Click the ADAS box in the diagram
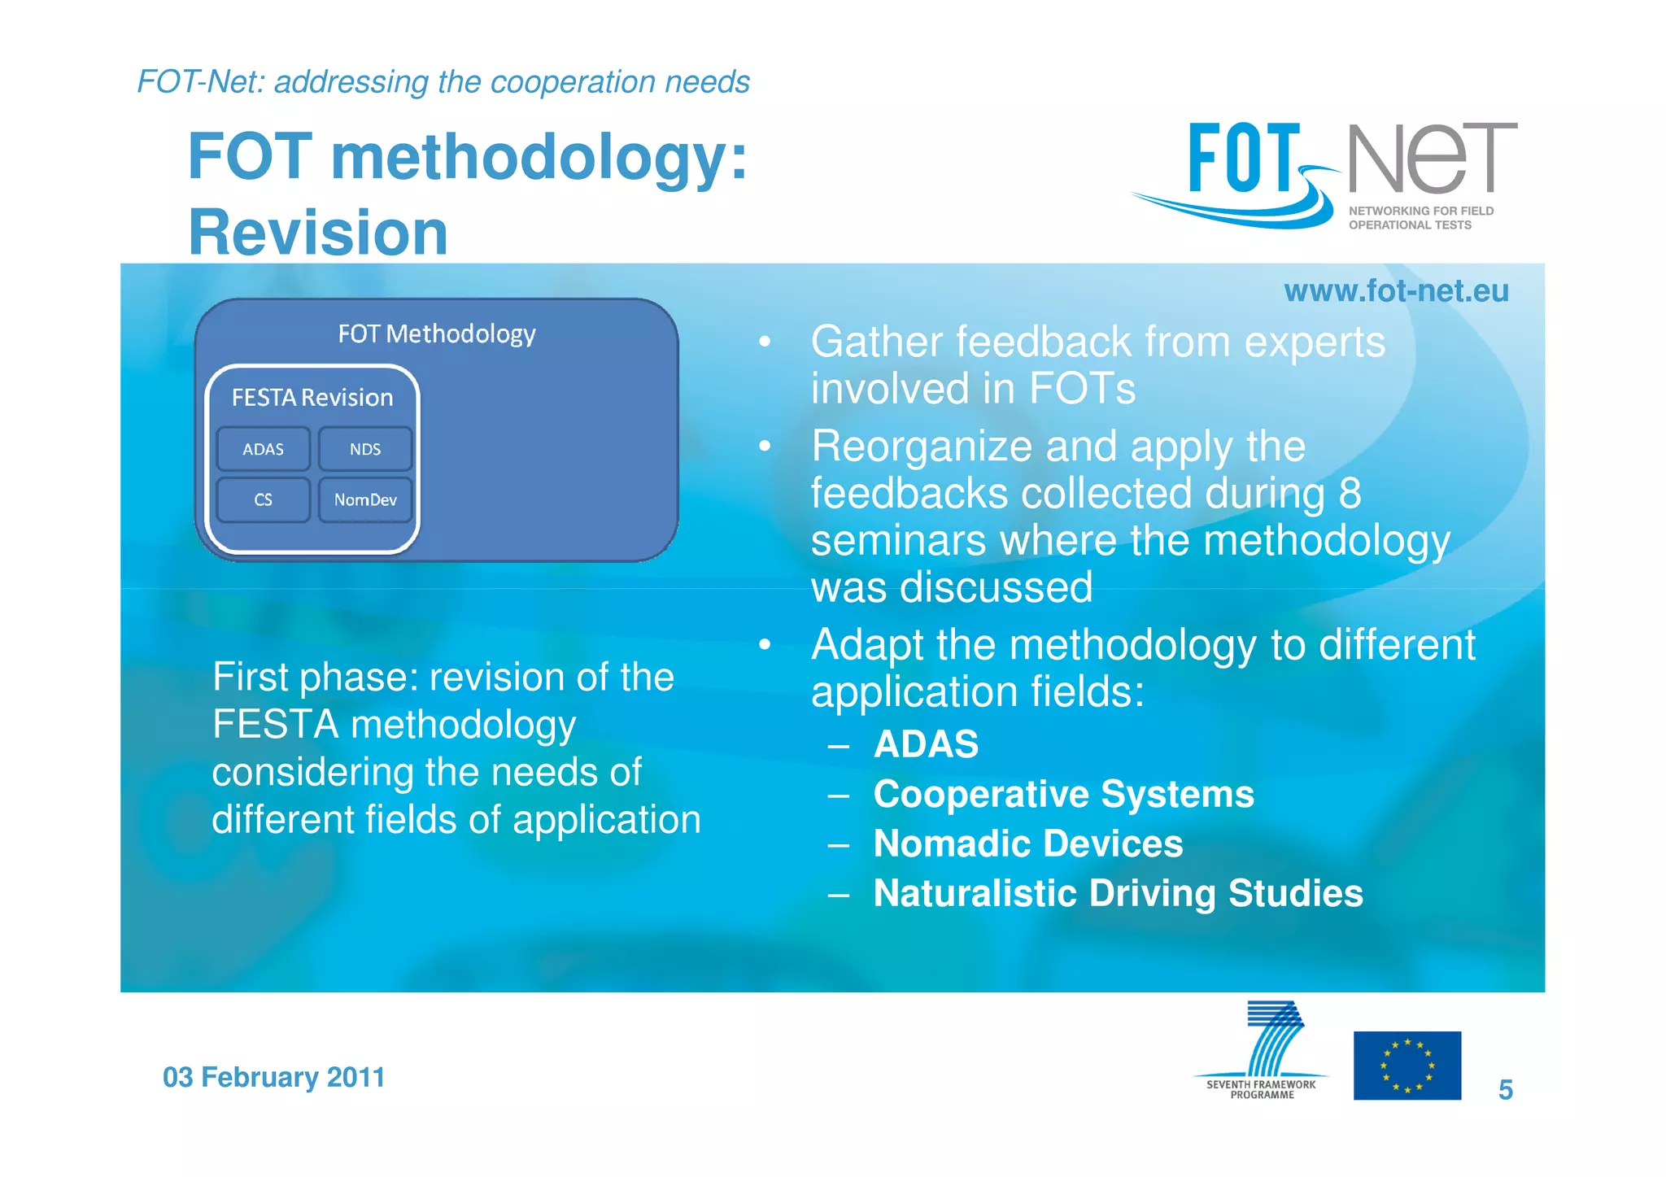pyautogui.click(x=263, y=449)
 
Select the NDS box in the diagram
pyautogui.click(x=365, y=449)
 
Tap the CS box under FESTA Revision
pyautogui.click(x=263, y=499)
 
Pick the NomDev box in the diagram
pyautogui.click(x=365, y=499)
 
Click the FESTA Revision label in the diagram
pyautogui.click(x=312, y=397)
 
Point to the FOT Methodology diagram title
pyautogui.click(x=437, y=333)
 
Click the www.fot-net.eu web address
pyautogui.click(x=1396, y=290)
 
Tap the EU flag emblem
pyautogui.click(x=1407, y=1066)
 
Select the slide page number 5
pyautogui.click(x=1505, y=1090)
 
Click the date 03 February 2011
pyautogui.click(x=273, y=1077)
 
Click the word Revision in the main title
pyautogui.click(x=318, y=233)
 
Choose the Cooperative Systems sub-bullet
pyautogui.click(x=1063, y=794)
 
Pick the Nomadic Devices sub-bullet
pyautogui.click(x=1027, y=844)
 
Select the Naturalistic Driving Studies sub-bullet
pyautogui.click(x=1118, y=893)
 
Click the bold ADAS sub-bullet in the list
pyautogui.click(x=926, y=744)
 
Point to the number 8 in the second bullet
pyautogui.click(x=1350, y=493)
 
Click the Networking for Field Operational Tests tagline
pyautogui.click(x=1420, y=218)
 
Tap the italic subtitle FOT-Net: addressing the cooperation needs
pyautogui.click(x=443, y=82)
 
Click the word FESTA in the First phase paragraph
pyautogui.click(x=275, y=724)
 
